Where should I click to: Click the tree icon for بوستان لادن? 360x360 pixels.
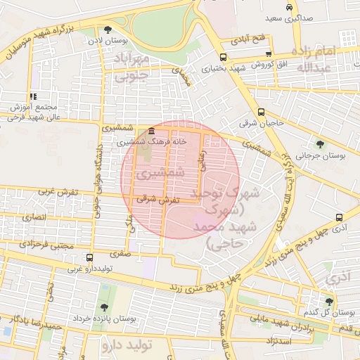[108, 30]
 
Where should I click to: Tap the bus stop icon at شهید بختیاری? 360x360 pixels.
[223, 58]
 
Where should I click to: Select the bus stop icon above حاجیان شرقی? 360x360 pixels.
[261, 112]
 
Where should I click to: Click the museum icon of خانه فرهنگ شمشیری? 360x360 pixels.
[153, 131]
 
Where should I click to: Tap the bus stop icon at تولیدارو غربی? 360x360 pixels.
[89, 257]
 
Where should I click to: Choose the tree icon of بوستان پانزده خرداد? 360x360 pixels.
[104, 307]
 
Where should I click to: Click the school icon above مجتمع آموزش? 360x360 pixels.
[32, 96]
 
